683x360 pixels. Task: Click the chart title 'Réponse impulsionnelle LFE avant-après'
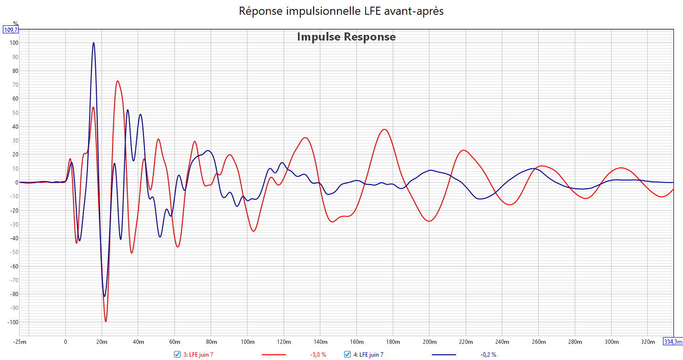pos(341,11)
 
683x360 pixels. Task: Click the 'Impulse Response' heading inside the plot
pos(346,37)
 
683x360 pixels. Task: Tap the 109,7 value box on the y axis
pos(10,30)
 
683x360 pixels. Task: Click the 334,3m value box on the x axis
pos(673,341)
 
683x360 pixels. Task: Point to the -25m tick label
pos(20,342)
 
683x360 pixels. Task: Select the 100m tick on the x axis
pos(247,342)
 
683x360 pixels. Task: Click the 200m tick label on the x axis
pos(429,342)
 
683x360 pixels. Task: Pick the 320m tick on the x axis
pos(648,342)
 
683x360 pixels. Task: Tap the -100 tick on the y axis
pos(12,322)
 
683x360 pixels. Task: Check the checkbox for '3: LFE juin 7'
pos(177,354)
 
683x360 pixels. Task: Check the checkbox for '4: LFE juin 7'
pos(347,354)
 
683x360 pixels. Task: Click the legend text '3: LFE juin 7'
pos(198,355)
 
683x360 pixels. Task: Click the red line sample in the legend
pos(274,355)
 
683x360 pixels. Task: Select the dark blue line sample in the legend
pos(444,355)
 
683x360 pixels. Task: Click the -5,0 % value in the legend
pos(318,355)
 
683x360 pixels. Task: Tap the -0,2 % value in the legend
pos(488,355)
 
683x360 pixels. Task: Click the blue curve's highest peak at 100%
pos(93,43)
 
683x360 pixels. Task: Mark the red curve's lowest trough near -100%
pos(106,321)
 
